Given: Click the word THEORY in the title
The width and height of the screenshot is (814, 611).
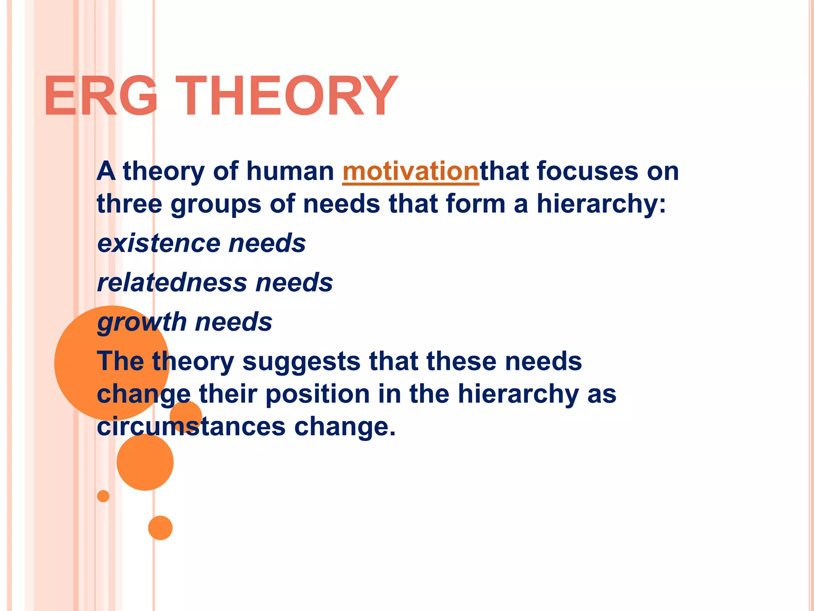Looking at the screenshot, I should click(287, 96).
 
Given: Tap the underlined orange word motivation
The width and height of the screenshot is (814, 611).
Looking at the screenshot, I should click(411, 171).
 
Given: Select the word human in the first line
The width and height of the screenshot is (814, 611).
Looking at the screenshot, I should click(290, 171).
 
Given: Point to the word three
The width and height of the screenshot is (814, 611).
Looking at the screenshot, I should click(130, 204).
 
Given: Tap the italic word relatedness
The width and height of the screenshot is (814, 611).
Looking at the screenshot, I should click(172, 282).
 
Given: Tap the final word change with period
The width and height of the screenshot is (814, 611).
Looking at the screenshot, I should click(345, 427).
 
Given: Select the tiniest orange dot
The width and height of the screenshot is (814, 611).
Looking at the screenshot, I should click(103, 496).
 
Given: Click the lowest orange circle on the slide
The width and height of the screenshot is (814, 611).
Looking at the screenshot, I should click(160, 528).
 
